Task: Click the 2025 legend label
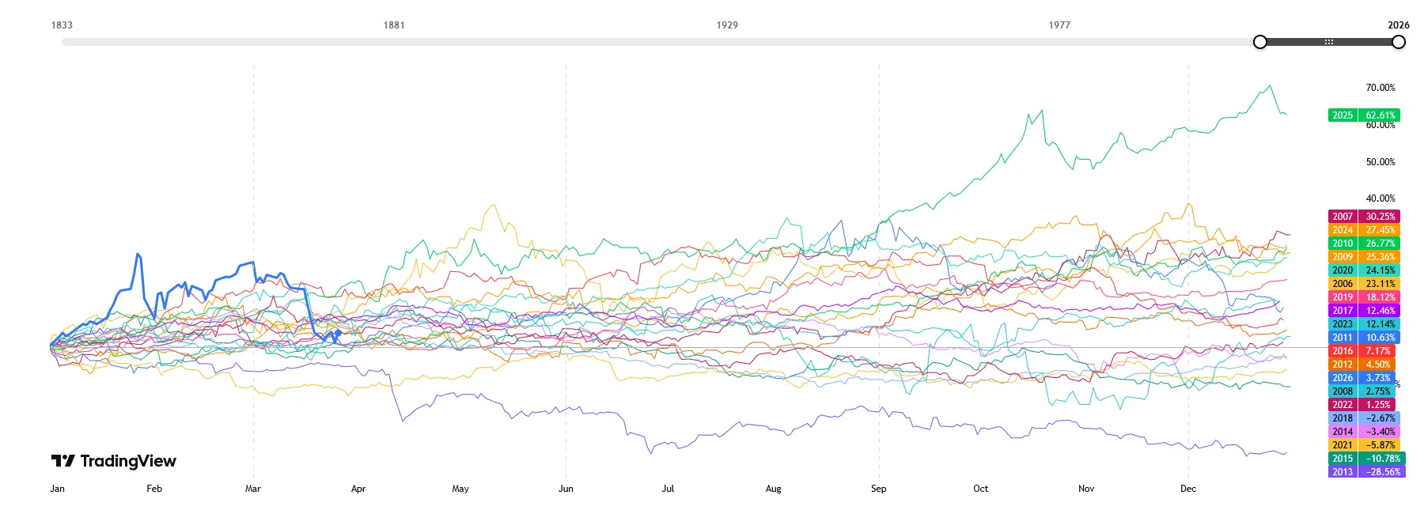(x=1343, y=115)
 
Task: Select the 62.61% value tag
(x=1380, y=115)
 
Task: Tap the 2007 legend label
(x=1343, y=217)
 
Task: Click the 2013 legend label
(x=1343, y=472)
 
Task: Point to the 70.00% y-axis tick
(x=1380, y=88)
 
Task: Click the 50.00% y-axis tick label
(x=1380, y=162)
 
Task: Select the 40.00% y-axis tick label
(x=1380, y=198)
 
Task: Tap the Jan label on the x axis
(x=58, y=489)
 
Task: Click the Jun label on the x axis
(x=566, y=489)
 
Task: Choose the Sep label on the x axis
(x=878, y=489)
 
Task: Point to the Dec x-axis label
(x=1188, y=489)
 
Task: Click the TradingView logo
(x=114, y=461)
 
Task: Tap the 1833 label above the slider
(x=62, y=25)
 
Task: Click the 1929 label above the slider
(x=727, y=25)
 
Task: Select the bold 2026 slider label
(x=1398, y=25)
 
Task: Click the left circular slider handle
(x=1260, y=42)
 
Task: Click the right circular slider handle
(x=1399, y=42)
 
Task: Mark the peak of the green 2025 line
(x=1270, y=85)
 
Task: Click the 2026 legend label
(x=1343, y=378)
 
